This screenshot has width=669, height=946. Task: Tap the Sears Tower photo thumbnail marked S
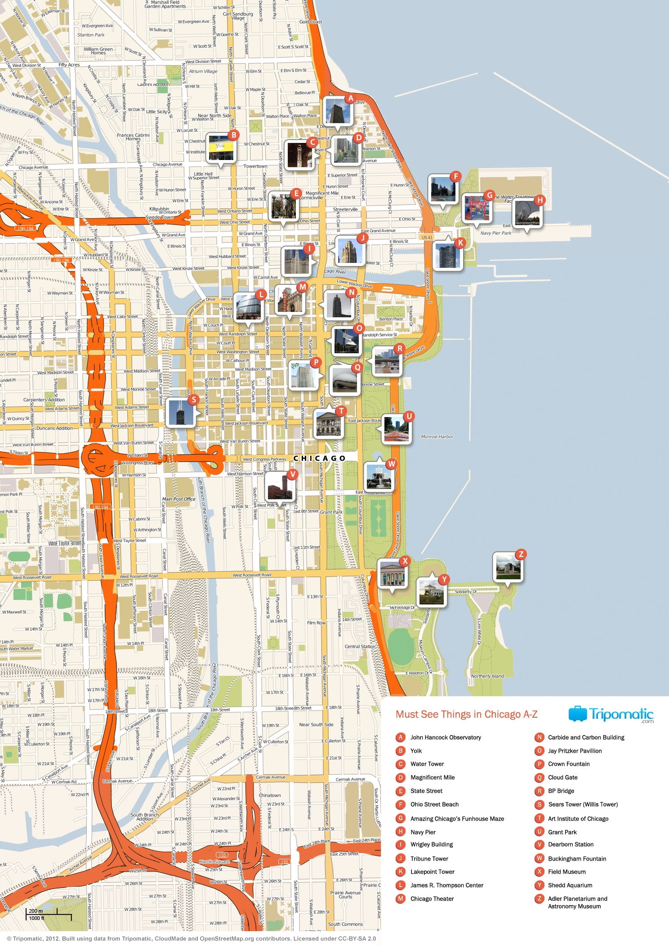click(180, 412)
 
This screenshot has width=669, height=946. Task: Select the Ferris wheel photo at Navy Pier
click(527, 213)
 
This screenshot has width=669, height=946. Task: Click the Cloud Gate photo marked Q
click(344, 381)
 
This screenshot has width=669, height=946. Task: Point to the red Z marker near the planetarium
click(521, 554)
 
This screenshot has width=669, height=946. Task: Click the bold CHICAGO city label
click(319, 458)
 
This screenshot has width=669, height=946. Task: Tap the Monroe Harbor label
click(437, 436)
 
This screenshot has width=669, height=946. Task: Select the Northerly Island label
click(487, 675)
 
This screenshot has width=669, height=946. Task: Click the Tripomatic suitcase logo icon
click(578, 714)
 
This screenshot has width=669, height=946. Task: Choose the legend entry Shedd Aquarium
click(570, 885)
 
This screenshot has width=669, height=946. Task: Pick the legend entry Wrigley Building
click(432, 844)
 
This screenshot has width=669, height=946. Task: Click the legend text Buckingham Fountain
click(577, 858)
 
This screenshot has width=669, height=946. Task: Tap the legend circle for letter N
click(540, 737)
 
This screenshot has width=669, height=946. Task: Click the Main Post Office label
click(178, 499)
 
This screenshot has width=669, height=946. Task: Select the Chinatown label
click(270, 795)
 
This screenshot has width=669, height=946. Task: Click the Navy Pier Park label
click(496, 233)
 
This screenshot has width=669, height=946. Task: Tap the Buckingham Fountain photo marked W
click(379, 476)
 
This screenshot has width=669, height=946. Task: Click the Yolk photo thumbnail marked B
click(221, 148)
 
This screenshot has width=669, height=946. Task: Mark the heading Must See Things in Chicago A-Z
click(466, 715)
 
